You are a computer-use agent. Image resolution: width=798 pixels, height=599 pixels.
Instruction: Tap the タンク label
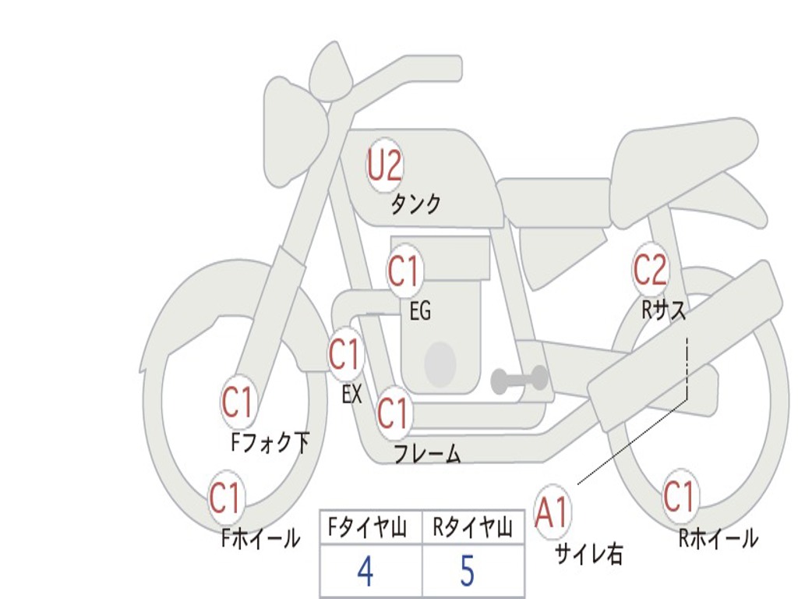coord(415,204)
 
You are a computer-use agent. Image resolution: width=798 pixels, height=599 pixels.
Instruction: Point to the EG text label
coord(420,312)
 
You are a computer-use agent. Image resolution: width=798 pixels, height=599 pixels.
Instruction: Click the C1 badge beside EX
coord(344,355)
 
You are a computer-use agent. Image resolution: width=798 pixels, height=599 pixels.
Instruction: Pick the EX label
coord(352,395)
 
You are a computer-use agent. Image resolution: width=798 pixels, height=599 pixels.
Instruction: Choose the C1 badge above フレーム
coord(392,413)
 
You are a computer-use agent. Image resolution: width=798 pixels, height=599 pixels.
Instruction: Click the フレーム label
coord(426,454)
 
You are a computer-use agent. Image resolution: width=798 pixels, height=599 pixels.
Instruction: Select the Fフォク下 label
coord(270,443)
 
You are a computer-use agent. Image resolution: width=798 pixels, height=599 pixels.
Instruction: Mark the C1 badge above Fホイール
coord(225,498)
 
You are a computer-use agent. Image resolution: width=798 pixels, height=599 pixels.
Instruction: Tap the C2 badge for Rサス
coord(650,270)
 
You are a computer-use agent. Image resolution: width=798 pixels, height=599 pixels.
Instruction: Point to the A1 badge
coord(552,513)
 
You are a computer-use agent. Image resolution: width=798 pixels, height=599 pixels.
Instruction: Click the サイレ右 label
coord(588,554)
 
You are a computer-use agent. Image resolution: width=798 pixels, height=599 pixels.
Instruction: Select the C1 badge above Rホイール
coord(679,497)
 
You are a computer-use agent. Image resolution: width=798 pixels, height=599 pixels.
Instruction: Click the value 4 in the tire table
coord(365,572)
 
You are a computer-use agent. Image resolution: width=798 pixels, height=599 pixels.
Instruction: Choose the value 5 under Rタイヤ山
coord(467,572)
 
